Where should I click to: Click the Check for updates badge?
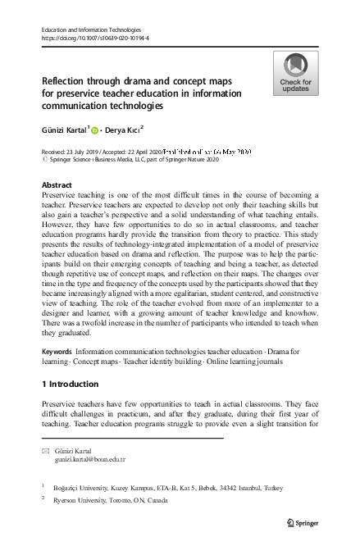(296, 73)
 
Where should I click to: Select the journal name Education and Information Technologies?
(93, 30)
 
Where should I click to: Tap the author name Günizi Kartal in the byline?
(65, 129)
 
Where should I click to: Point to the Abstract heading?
(57, 185)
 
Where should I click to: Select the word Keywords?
(56, 351)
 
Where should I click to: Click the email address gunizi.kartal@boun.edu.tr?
(90, 462)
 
